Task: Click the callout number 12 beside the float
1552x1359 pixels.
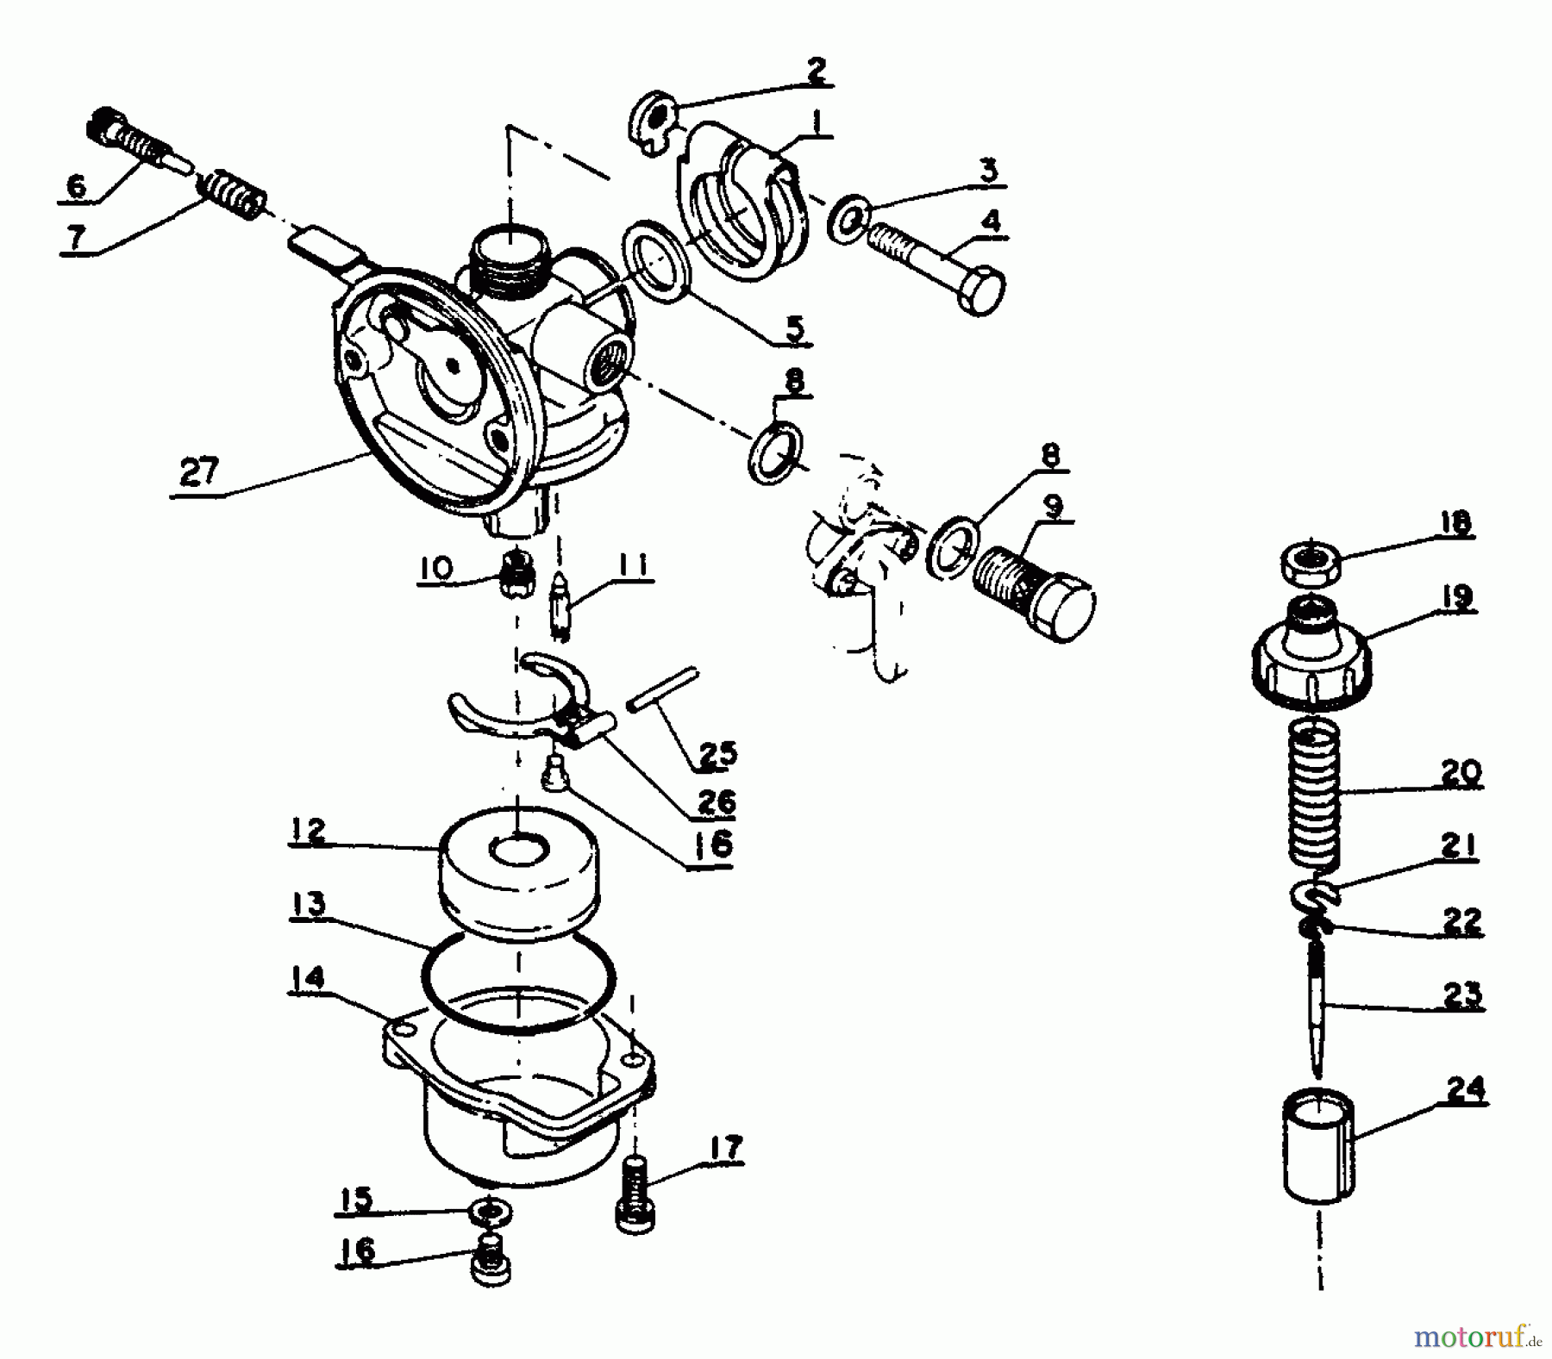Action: click(x=307, y=832)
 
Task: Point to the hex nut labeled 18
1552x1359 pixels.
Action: click(x=1310, y=564)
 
